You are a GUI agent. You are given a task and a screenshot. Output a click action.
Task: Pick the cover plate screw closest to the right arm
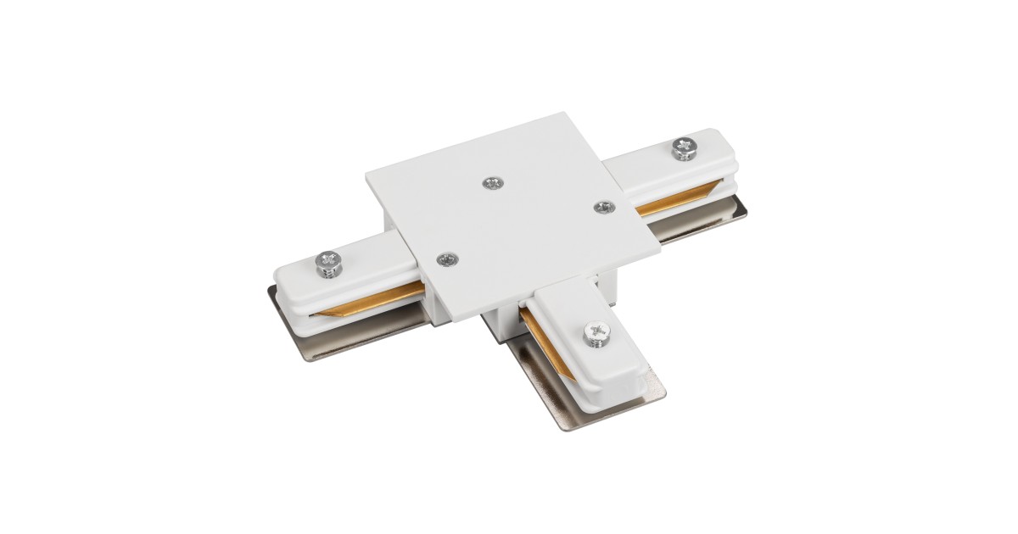(x=602, y=206)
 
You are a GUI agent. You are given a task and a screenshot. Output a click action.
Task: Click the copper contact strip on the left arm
(x=373, y=298)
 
